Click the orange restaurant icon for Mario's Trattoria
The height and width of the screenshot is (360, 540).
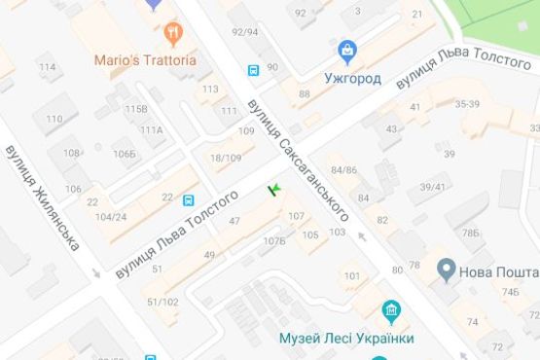[174, 35]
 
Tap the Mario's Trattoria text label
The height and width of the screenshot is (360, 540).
[145, 59]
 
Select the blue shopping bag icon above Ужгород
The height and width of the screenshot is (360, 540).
[345, 49]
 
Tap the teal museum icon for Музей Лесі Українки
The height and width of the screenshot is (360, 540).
[392, 312]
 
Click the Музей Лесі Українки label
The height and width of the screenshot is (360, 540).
[345, 338]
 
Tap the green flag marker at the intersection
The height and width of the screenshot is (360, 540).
[273, 187]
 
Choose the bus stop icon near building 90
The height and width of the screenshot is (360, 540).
[253, 70]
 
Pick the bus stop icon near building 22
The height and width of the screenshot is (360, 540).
[187, 200]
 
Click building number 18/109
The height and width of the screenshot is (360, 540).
[225, 158]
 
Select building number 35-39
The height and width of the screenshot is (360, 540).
[467, 103]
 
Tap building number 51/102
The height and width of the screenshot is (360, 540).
[162, 302]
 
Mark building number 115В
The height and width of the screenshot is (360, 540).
[135, 109]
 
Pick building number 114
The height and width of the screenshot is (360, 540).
[47, 67]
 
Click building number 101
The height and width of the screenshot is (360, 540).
[352, 276]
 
